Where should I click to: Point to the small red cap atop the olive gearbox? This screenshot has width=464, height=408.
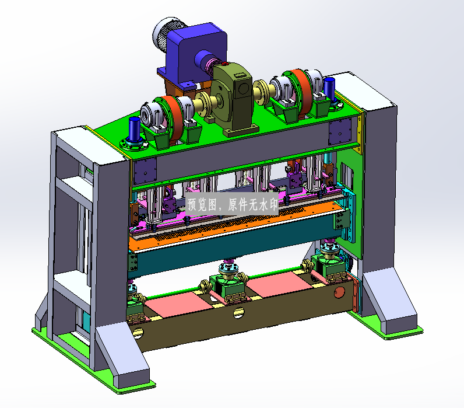pos(224,63)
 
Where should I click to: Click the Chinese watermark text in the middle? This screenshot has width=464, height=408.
pos(233,204)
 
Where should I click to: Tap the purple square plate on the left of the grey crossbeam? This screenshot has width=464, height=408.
pos(145,170)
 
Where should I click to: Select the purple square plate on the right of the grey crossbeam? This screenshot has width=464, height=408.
pos(340,131)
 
